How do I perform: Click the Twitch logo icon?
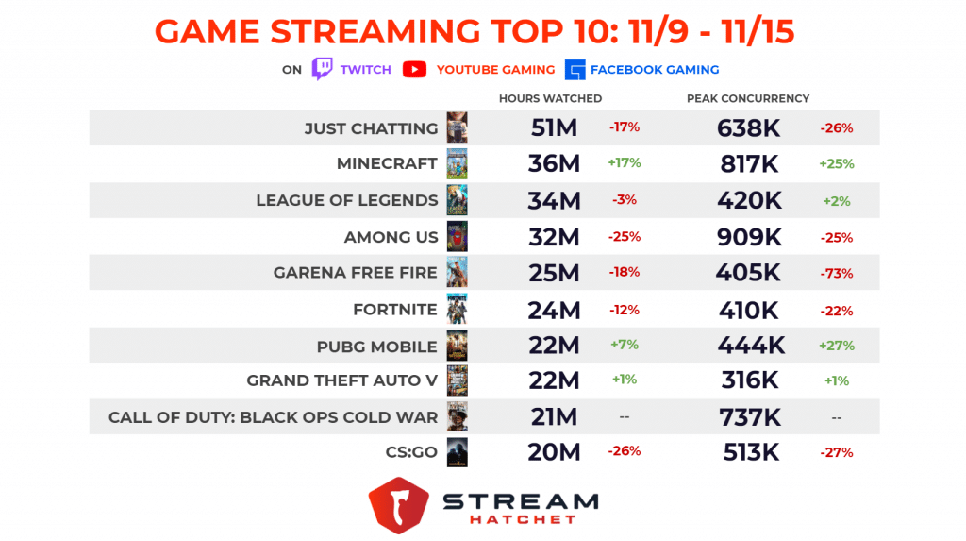[323, 69]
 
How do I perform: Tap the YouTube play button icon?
[414, 69]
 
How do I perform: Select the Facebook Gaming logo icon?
[575, 69]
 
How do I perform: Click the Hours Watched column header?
[550, 98]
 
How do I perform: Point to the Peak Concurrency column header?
[748, 98]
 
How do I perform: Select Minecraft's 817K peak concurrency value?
[748, 163]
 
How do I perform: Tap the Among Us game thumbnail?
[458, 236]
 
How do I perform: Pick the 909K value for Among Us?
[748, 236]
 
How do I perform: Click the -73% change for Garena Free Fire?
[836, 273]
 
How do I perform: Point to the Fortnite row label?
[395, 309]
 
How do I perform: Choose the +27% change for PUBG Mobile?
[836, 346]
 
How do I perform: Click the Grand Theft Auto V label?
[341, 380]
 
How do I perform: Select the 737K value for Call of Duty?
[748, 416]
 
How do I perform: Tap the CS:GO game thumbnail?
[458, 452]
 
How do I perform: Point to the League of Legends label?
[347, 200]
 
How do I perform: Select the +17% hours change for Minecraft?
[625, 162]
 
